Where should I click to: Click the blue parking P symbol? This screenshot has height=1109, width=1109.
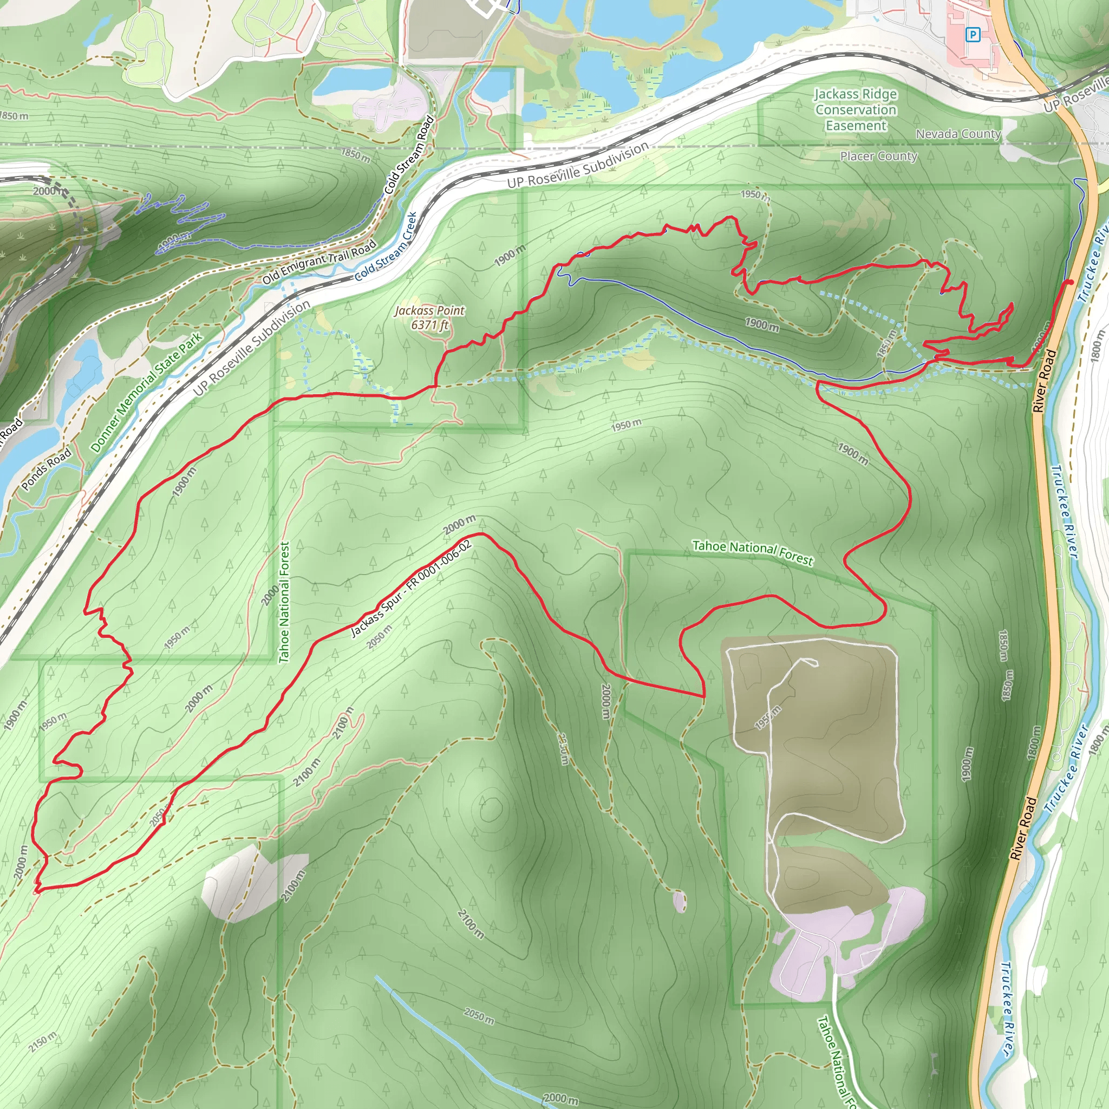pyautogui.click(x=973, y=35)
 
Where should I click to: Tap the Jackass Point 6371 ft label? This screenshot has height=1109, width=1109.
pyautogui.click(x=429, y=317)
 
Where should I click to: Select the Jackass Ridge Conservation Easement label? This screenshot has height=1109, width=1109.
pyautogui.click(x=855, y=109)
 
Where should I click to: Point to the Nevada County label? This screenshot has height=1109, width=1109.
pyautogui.click(x=958, y=134)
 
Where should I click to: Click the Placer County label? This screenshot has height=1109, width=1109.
pyautogui.click(x=878, y=156)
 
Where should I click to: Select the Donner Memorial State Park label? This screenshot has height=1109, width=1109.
pyautogui.click(x=146, y=392)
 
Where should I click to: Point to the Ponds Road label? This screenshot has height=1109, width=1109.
pyautogui.click(x=47, y=469)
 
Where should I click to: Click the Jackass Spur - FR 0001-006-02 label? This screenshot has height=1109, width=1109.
pyautogui.click(x=411, y=589)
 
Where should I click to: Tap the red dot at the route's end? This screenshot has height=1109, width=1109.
pyautogui.click(x=1070, y=282)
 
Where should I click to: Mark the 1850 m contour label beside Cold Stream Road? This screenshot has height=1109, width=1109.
pyautogui.click(x=355, y=154)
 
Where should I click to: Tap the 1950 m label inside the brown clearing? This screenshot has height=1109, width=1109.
pyautogui.click(x=767, y=717)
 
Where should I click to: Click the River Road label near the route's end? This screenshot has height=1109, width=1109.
pyautogui.click(x=1045, y=381)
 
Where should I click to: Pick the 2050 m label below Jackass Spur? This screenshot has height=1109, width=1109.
pyautogui.click(x=380, y=637)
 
